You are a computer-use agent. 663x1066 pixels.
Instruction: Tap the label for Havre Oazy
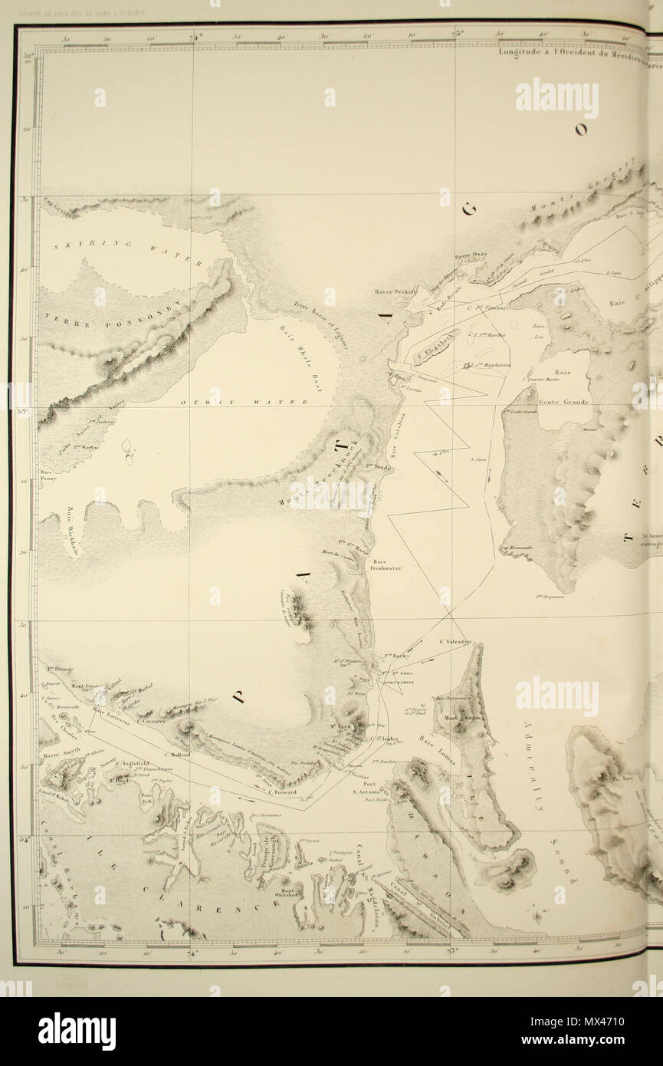(471, 257)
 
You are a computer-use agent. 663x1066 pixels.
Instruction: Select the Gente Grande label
(563, 402)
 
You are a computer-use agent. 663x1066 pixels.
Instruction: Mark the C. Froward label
(282, 793)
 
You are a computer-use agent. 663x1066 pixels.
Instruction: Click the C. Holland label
(176, 755)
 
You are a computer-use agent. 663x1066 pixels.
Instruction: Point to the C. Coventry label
(152, 720)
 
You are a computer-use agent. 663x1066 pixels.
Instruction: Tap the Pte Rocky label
(396, 656)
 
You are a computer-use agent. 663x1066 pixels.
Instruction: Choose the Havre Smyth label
(62, 754)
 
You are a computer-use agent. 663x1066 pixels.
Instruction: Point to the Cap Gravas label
(57, 203)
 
